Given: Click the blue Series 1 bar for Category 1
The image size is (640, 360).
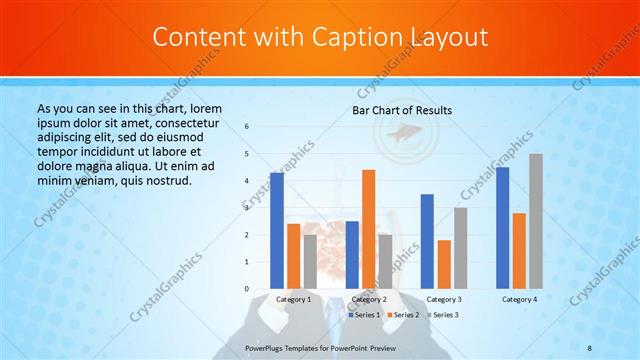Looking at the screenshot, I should (277, 231).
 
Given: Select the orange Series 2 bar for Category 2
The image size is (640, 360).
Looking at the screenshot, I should (368, 229).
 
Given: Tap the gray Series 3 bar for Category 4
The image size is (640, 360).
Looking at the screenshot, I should (536, 221).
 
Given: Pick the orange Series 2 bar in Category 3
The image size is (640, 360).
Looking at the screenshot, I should (444, 264).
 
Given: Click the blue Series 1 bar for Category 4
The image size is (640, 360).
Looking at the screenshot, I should (502, 228).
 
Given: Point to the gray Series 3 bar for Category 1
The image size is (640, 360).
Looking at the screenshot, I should (310, 262).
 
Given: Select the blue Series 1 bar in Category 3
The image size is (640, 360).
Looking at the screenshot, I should (427, 241).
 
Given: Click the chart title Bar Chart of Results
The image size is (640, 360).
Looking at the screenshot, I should (402, 110).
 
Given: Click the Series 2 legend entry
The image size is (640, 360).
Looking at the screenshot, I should (402, 315).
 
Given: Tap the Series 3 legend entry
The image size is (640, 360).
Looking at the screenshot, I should (441, 315).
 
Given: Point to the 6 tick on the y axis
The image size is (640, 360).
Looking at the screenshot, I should (247, 127).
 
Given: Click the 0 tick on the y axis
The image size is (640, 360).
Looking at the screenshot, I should (247, 289).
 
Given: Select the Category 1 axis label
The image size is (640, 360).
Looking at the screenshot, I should (294, 299).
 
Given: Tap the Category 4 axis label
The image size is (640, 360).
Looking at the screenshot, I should (519, 299).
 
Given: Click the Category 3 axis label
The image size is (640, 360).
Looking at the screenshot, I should (444, 299).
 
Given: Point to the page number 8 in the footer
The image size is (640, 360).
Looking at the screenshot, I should (590, 347).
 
